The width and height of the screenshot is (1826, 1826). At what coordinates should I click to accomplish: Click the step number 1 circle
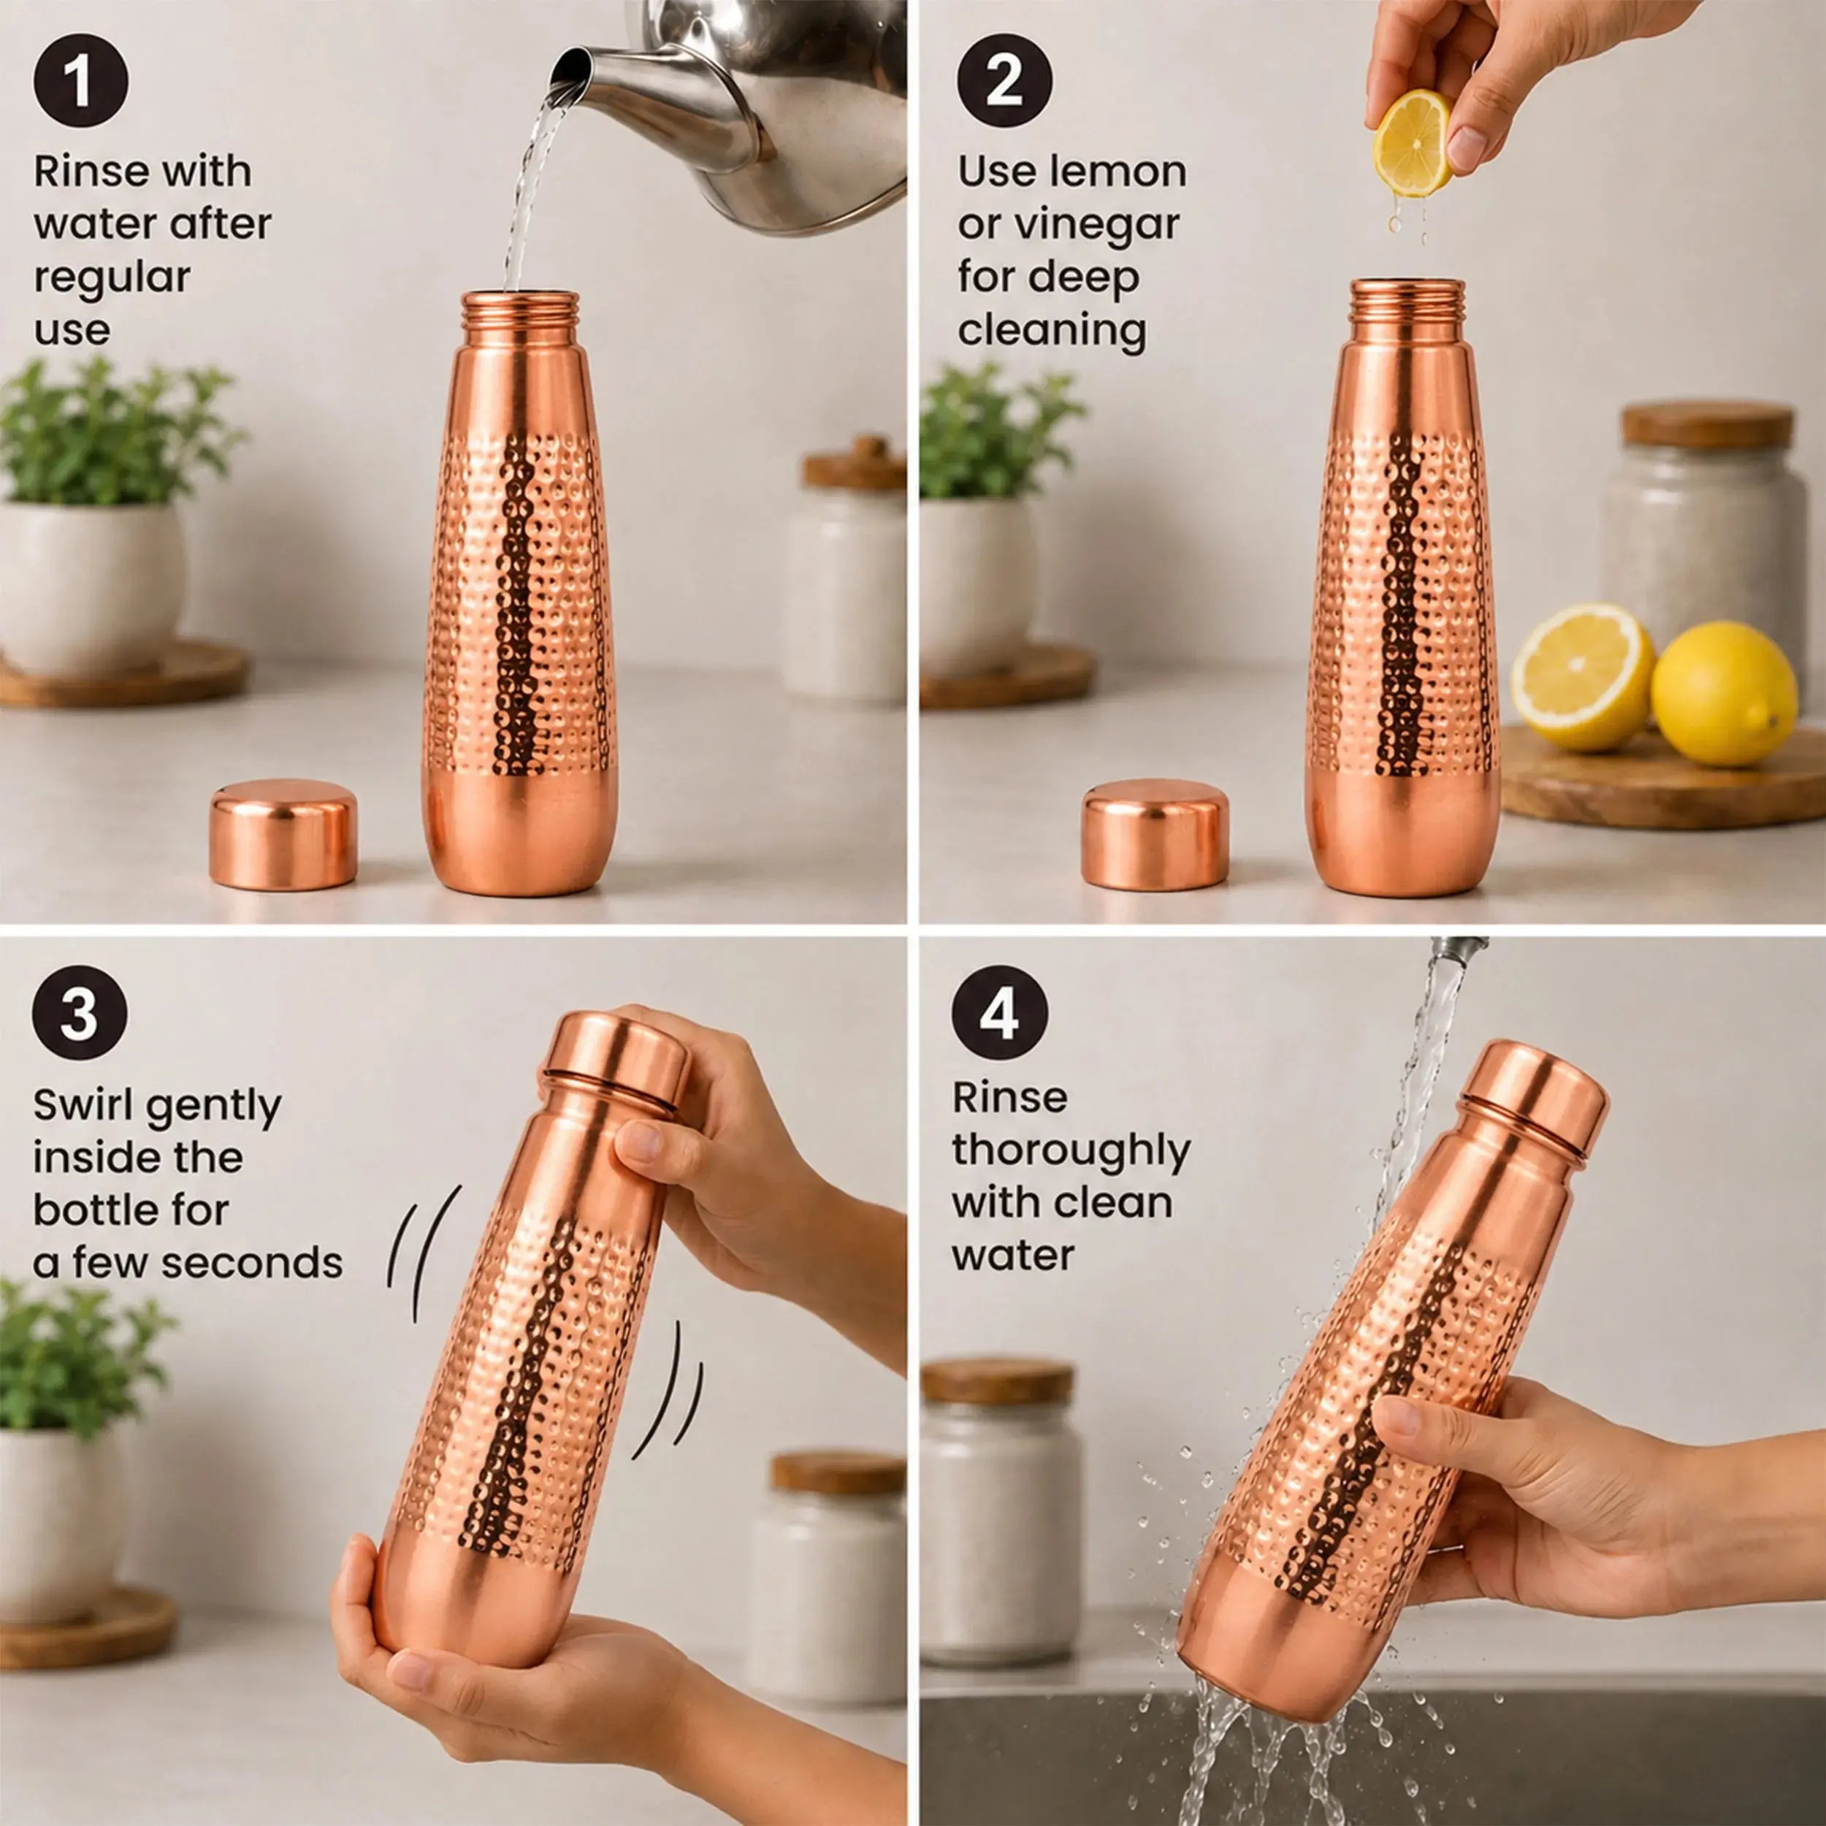click(x=80, y=80)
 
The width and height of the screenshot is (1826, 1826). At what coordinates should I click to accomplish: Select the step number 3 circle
click(x=80, y=1012)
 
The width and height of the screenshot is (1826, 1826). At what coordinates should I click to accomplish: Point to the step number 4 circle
click(x=999, y=1012)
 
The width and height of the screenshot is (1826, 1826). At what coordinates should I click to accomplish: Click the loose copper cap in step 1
click(x=283, y=833)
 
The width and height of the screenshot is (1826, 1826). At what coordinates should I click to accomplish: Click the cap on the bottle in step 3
click(x=615, y=1060)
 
